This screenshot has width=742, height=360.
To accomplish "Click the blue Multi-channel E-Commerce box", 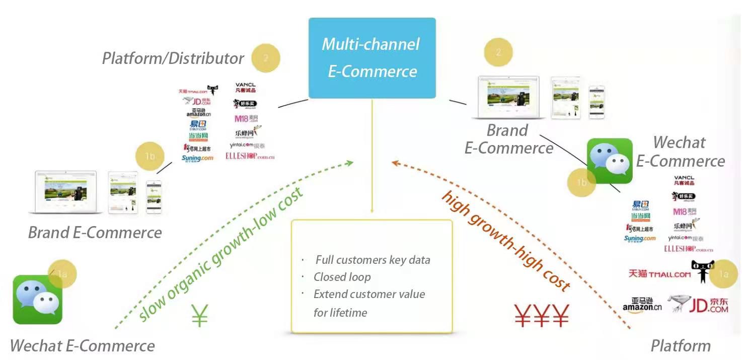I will (x=372, y=57).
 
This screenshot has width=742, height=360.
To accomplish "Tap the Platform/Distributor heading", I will (x=173, y=58).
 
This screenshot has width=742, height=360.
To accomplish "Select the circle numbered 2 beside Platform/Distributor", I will (x=265, y=58).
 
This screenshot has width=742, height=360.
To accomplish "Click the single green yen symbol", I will (x=199, y=316).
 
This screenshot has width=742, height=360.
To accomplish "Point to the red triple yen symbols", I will (x=542, y=316).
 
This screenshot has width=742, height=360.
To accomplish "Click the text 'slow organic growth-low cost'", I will (x=221, y=254).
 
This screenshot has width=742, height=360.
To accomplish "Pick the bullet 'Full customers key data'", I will (x=373, y=260).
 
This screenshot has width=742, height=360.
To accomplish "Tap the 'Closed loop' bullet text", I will (x=342, y=277).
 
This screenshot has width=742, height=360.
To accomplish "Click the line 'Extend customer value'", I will (x=369, y=294).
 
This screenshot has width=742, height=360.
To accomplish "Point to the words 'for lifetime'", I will (x=340, y=313).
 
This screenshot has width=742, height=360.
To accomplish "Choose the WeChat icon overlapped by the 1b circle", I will (x=610, y=161).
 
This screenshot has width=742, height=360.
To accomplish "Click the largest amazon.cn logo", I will (x=642, y=304).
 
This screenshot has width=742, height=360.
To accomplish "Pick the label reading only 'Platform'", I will (x=681, y=346).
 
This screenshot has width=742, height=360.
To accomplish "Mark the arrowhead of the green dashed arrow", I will (x=350, y=163).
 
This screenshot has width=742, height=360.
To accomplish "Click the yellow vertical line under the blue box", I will (x=372, y=156).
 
